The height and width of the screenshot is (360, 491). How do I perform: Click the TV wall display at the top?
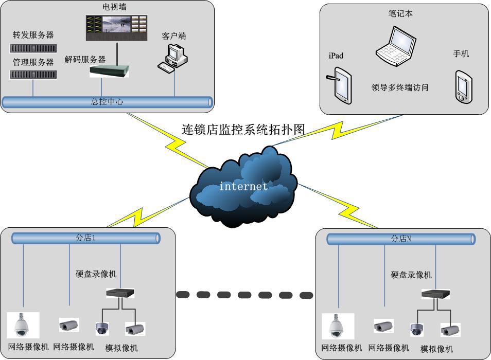(117, 27)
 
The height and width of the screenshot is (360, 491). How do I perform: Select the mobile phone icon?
(463, 87)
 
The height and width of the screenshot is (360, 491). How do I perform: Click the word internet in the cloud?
(243, 186)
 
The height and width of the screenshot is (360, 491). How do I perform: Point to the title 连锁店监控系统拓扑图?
(243, 129)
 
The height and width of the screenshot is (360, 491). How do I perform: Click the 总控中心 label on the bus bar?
(107, 102)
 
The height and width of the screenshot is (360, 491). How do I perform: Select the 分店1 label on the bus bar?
(86, 238)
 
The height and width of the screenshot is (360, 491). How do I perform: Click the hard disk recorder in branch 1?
(120, 293)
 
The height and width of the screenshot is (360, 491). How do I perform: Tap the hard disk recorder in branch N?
(435, 294)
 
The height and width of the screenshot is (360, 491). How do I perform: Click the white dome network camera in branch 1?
(23, 324)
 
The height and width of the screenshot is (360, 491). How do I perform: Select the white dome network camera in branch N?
(338, 326)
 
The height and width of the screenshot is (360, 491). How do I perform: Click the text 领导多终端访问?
(400, 87)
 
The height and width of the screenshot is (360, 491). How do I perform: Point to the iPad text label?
(336, 56)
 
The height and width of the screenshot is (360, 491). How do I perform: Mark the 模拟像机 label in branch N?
(436, 349)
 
